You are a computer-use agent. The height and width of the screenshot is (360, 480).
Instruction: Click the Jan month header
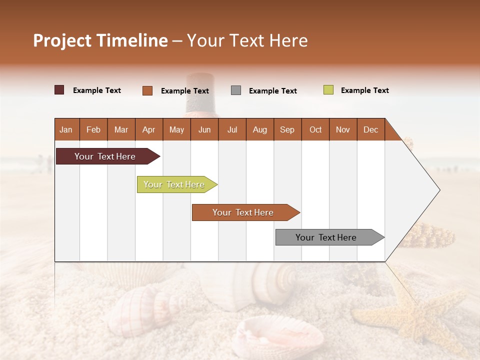[x=66, y=130]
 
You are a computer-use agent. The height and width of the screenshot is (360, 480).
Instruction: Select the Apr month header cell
[x=148, y=130]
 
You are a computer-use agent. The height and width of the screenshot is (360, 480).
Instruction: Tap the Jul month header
[x=232, y=130]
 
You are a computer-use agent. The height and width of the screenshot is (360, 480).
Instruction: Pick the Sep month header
[x=287, y=130]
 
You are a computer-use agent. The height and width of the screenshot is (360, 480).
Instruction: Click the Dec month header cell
[x=370, y=130]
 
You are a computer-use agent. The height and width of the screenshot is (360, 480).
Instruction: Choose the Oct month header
[x=315, y=130]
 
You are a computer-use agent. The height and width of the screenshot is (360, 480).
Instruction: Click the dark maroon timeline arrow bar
[x=105, y=156]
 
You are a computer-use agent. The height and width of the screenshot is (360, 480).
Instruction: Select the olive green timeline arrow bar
[x=174, y=184]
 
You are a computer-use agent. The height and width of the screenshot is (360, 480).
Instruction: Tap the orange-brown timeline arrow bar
[x=243, y=212]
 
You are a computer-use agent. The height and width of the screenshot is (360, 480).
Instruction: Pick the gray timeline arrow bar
[x=326, y=237]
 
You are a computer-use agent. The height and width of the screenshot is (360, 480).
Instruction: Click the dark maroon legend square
[x=59, y=90]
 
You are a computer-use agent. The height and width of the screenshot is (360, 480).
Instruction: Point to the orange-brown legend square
[x=147, y=90]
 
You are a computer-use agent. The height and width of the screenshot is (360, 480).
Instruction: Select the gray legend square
[x=236, y=90]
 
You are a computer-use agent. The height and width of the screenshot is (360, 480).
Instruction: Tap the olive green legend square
[x=328, y=90]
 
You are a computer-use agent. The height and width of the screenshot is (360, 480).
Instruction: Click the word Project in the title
[x=62, y=40]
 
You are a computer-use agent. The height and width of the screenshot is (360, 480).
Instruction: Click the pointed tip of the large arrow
[x=439, y=190]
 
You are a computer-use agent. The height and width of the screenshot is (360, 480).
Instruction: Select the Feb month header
[x=93, y=130]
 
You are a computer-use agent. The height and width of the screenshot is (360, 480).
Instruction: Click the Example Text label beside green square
[x=364, y=90]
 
